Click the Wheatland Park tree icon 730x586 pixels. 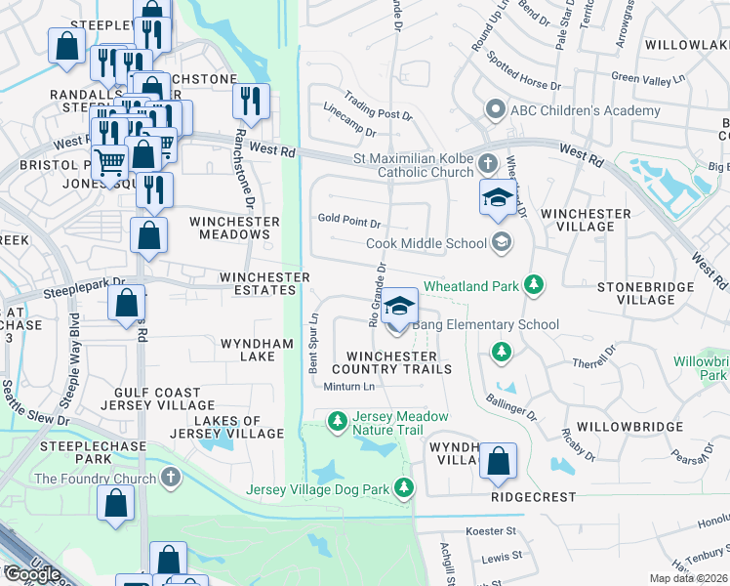[x=533, y=285]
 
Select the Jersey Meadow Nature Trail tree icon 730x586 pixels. [x=337, y=422]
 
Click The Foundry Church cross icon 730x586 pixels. [x=171, y=479]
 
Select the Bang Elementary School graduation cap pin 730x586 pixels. [x=398, y=307]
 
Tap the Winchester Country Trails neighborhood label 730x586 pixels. [x=391, y=363]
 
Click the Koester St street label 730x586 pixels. [x=491, y=531]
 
